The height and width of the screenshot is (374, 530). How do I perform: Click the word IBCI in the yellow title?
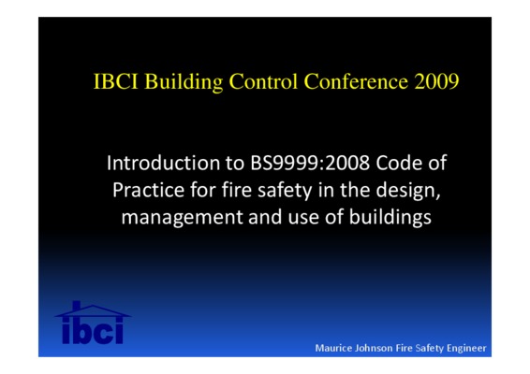115,81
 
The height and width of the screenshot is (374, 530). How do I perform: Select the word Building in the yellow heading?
184,82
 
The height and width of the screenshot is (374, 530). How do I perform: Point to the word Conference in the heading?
356,81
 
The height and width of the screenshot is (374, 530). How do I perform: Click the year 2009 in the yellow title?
436,81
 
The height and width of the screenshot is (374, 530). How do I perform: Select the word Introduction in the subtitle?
164,163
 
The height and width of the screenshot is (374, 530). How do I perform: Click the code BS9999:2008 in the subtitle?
310,163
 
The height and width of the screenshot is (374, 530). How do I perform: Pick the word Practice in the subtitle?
148,190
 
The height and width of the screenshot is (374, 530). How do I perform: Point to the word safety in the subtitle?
285,191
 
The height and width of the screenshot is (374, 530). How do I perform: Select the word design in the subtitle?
408,191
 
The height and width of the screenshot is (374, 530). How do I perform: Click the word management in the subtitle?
182,218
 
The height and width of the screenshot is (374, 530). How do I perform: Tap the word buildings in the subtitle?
390,218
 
